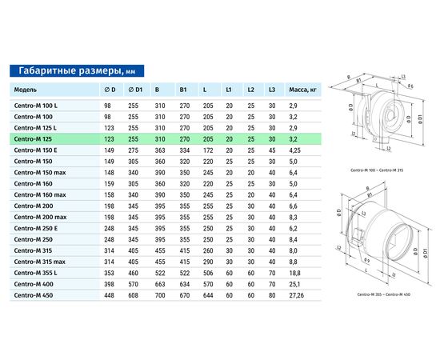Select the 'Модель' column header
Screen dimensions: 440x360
[x=26, y=90]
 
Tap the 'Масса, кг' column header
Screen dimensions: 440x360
[x=302, y=90]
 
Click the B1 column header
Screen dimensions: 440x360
[x=183, y=90]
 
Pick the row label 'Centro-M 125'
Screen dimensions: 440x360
[x=33, y=139]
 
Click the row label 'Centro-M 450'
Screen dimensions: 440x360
[x=34, y=295]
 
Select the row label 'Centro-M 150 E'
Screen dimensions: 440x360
[x=35, y=150]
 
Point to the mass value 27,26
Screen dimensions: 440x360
[x=297, y=295]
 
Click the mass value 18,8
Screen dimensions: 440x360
[x=294, y=273]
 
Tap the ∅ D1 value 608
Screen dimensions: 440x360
[x=134, y=295]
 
